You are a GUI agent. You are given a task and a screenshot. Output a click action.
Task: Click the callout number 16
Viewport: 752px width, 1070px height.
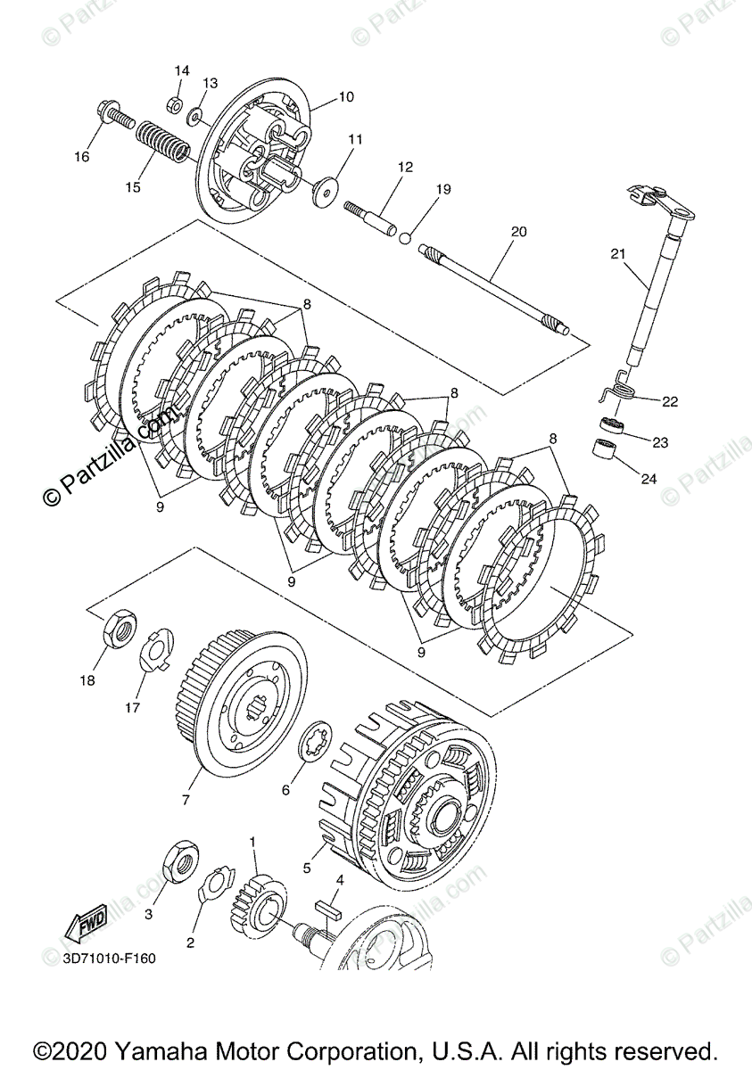pyautogui.click(x=81, y=157)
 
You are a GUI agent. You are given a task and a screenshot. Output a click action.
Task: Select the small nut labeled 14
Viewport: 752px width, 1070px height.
pyautogui.click(x=177, y=99)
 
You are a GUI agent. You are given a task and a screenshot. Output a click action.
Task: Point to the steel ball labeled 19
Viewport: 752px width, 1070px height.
pyautogui.click(x=405, y=238)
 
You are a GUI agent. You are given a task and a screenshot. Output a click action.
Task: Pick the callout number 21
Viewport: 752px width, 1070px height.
pyautogui.click(x=618, y=254)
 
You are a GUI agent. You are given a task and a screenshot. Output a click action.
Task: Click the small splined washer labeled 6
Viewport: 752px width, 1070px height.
pyautogui.click(x=315, y=744)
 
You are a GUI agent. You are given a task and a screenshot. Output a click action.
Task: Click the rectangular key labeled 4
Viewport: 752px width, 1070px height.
pyautogui.click(x=326, y=911)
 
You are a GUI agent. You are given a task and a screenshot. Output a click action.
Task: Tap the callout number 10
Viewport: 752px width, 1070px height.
pyautogui.click(x=346, y=95)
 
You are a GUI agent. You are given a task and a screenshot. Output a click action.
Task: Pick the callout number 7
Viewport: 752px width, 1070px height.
pyautogui.click(x=186, y=800)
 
